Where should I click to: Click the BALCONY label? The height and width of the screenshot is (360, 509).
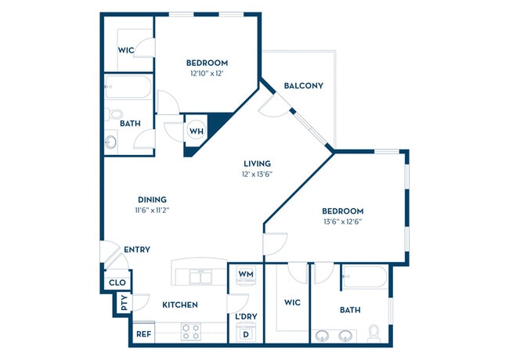[304, 85]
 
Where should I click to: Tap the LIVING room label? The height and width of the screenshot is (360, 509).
[257, 163]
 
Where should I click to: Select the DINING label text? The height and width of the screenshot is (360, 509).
[152, 200]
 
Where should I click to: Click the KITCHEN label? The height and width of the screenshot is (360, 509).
[180, 304]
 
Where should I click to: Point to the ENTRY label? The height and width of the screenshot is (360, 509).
[137, 250]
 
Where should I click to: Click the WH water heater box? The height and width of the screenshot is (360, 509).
[196, 131]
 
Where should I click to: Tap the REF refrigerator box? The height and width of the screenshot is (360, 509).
[143, 333]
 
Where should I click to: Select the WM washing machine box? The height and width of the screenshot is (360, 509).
[245, 275]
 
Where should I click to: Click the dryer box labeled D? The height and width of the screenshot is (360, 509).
[244, 334]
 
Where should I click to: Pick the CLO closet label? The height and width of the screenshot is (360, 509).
[117, 283]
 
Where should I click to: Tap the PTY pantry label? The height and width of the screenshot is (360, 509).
[123, 304]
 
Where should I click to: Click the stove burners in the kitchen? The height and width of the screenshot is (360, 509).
[192, 331]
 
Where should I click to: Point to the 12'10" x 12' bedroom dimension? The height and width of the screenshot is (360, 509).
[207, 74]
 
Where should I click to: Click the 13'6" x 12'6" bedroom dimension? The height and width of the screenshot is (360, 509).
[343, 221]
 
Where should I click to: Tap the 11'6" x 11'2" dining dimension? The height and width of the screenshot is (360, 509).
[152, 211]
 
